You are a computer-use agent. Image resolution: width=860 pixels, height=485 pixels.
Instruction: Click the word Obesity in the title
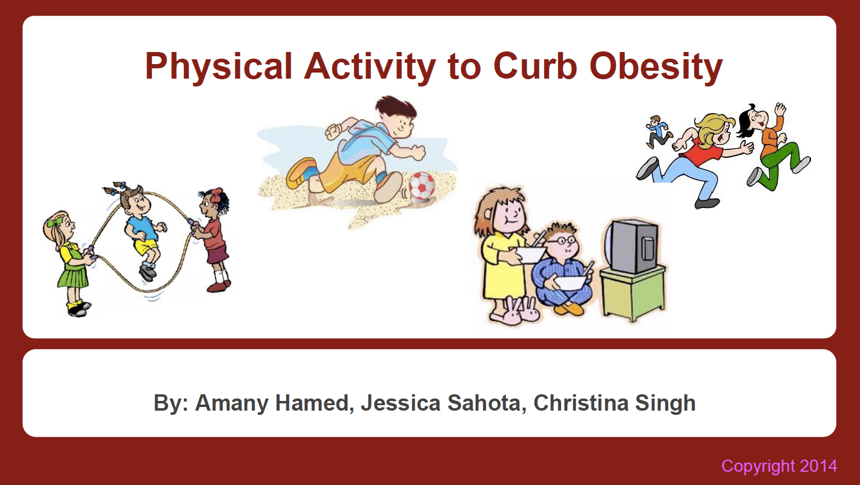pos(656,67)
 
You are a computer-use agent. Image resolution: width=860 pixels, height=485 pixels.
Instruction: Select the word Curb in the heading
pos(535,65)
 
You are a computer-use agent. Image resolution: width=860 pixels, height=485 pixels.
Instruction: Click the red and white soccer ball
pos(422,186)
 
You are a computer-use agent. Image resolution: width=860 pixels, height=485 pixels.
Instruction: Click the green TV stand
pos(632,293)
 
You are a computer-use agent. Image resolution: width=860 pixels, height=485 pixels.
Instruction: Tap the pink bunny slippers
pos(516,311)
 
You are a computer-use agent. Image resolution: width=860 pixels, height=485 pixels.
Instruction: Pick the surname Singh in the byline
pos(665,403)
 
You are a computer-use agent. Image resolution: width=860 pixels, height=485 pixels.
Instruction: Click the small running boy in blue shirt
pos(658,132)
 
